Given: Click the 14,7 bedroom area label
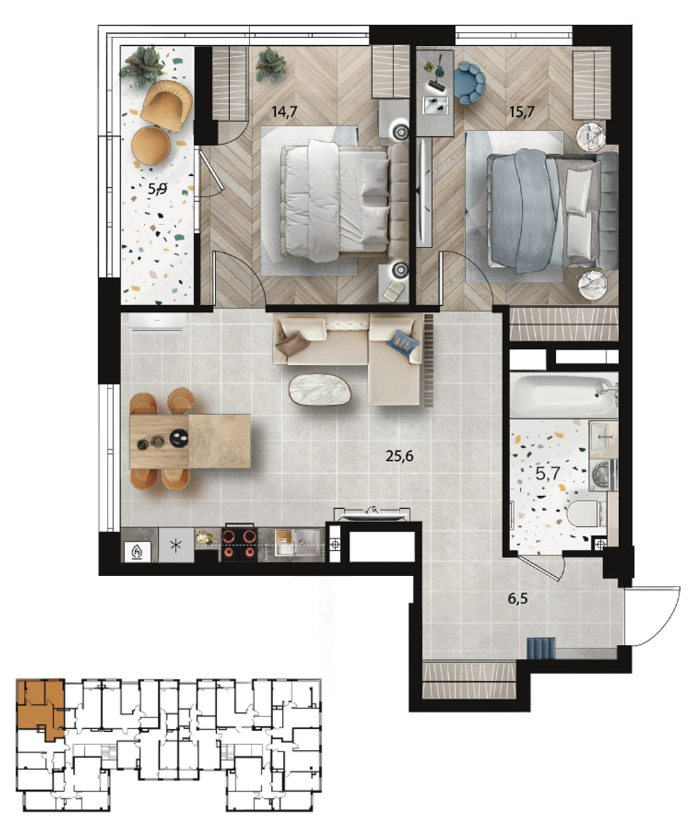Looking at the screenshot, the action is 284,112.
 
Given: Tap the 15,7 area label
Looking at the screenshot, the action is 522,112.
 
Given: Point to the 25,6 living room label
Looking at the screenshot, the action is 400,455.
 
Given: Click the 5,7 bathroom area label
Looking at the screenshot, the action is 548,474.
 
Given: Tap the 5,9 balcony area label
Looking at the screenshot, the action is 157,188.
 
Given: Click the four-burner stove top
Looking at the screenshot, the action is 239,544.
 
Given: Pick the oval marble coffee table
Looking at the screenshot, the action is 320,389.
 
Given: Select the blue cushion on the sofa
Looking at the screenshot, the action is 402,343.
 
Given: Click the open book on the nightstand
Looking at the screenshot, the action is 394,291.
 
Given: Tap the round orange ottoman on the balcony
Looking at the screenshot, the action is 151,145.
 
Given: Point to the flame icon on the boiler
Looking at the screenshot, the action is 138,552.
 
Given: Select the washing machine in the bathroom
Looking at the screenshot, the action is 603,475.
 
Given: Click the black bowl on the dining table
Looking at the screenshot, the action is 179,438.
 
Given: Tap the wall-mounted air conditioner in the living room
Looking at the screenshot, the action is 158,322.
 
